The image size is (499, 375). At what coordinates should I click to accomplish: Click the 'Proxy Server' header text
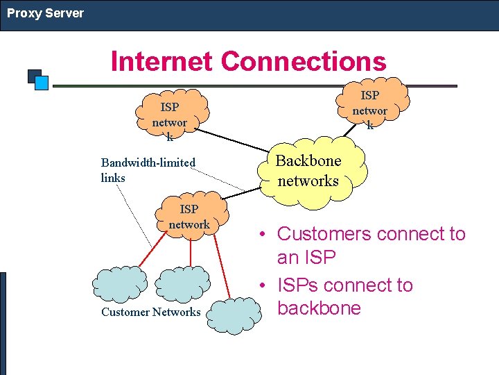click(x=45, y=13)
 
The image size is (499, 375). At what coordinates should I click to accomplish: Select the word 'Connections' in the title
click(x=304, y=61)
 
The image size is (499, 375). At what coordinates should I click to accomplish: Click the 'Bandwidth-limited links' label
click(x=148, y=170)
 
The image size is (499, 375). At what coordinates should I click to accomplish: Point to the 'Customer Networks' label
click(x=150, y=312)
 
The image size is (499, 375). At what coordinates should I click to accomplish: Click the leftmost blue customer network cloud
click(x=120, y=283)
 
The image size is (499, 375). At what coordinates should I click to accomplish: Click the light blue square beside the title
click(x=42, y=83)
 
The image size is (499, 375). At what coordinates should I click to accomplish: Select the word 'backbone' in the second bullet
click(x=319, y=308)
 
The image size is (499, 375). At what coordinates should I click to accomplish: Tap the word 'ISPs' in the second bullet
click(x=297, y=285)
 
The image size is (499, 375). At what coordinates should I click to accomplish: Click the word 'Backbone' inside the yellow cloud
click(x=308, y=161)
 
